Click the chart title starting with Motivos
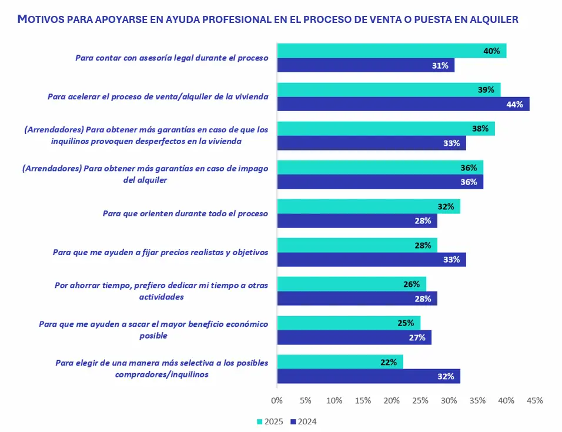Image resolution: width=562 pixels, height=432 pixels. tap(268, 19)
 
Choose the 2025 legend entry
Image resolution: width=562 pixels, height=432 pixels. tap(270, 421)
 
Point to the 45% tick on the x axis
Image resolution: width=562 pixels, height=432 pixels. tap(534, 400)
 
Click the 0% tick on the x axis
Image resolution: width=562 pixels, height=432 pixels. tap(277, 400)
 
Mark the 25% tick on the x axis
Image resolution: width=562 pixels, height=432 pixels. tap(420, 400)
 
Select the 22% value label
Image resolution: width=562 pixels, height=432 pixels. tap(389, 362)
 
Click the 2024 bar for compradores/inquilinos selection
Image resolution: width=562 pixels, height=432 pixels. tap(368, 376)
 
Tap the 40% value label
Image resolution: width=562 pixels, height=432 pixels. tap(491, 51)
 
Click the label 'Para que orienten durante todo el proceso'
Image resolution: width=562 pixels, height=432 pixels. tap(185, 213)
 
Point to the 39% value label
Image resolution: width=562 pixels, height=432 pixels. tap(486, 90)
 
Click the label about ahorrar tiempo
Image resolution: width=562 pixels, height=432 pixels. tap(162, 291)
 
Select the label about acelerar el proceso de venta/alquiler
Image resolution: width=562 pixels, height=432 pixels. tap(158, 97)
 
